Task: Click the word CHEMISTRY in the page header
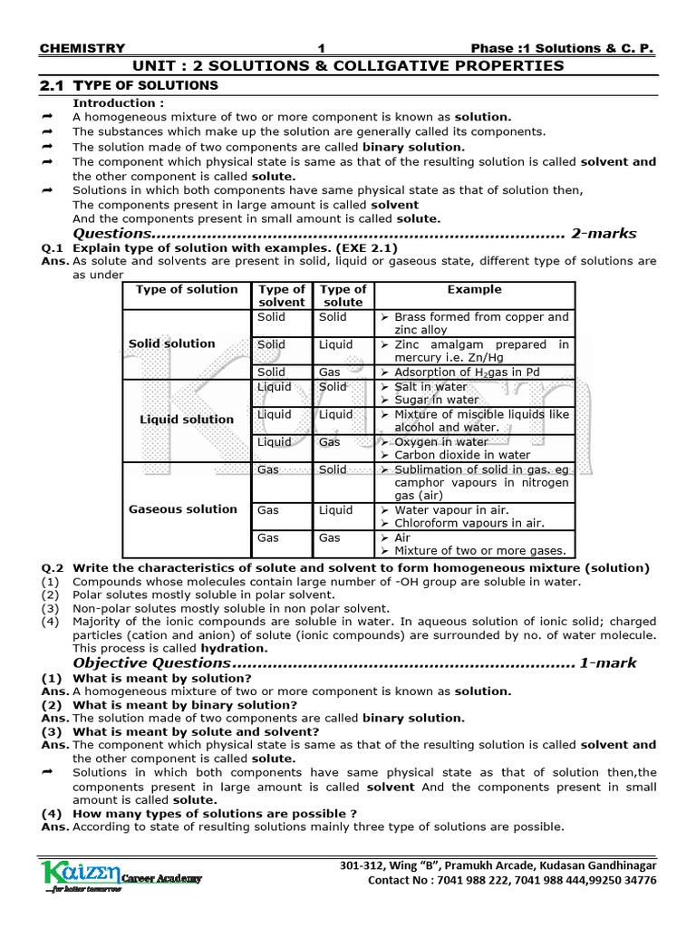[83, 48]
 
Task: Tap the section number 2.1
[53, 85]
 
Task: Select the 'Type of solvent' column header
[282, 295]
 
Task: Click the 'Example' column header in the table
[474, 290]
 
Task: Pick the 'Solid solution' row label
[172, 343]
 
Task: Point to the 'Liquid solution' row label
[186, 420]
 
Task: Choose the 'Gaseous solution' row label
[183, 509]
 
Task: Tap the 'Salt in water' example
[430, 387]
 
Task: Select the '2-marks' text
[604, 233]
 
